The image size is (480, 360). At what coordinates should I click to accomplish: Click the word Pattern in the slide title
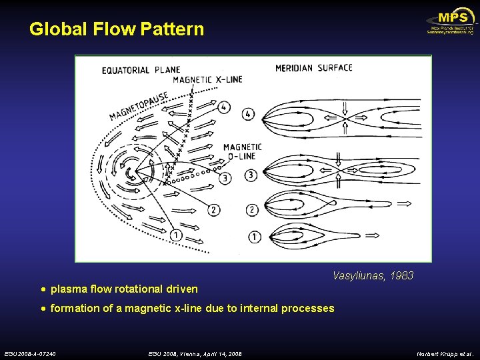pyautogui.click(x=173, y=29)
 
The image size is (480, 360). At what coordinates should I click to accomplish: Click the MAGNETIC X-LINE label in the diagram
pyautogui.click(x=207, y=79)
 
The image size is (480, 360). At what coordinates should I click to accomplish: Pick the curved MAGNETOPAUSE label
pyautogui.click(x=139, y=105)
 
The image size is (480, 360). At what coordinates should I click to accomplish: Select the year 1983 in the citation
pyautogui.click(x=402, y=275)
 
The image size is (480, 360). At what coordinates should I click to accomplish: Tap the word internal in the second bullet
pyautogui.click(x=255, y=308)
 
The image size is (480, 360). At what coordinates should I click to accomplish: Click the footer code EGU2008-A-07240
pyautogui.click(x=30, y=353)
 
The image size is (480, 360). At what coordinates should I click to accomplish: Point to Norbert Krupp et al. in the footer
pyautogui.click(x=445, y=353)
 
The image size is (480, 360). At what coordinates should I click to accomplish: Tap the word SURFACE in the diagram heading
pyautogui.click(x=335, y=68)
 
